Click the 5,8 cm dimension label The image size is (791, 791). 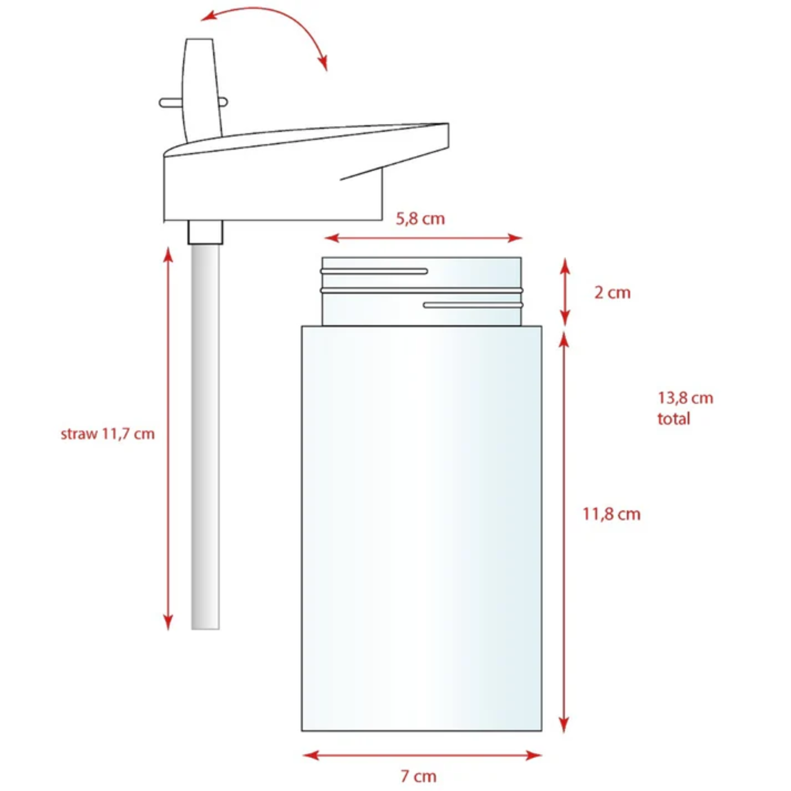click(x=420, y=219)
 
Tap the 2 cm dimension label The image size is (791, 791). click(x=612, y=293)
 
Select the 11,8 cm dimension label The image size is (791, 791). click(x=611, y=514)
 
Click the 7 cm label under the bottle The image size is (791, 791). click(x=418, y=776)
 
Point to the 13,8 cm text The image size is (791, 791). click(x=685, y=398)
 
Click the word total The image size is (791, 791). click(x=674, y=419)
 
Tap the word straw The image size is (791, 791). click(x=79, y=434)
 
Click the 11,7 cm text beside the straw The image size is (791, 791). click(x=128, y=434)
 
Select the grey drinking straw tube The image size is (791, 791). click(x=205, y=436)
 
